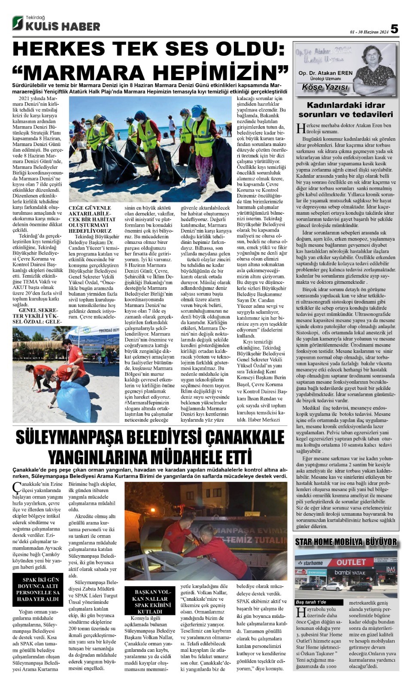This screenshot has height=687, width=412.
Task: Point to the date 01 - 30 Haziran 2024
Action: (369, 31)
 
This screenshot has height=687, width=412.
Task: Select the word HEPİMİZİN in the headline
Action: (215, 71)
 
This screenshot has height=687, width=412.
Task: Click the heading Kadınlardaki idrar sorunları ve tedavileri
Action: (345, 110)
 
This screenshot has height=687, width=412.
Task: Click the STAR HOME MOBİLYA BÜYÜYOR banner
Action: (345, 542)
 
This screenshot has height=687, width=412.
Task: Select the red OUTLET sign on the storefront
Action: (351, 562)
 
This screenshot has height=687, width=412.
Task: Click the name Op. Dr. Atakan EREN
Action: (326, 73)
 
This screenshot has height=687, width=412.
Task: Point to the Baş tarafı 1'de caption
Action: (311, 602)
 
